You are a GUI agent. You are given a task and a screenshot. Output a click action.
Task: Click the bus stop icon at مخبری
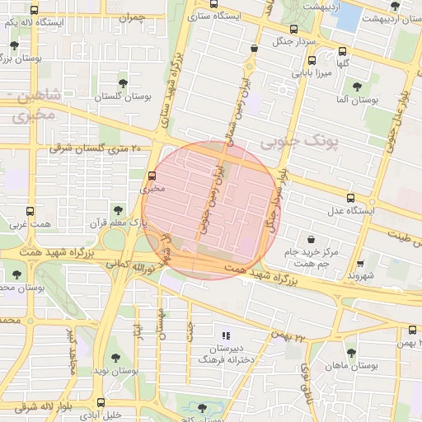pyautogui.click(x=152, y=176)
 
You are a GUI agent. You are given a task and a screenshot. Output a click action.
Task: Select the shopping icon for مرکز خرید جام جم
pyautogui.click(x=311, y=239)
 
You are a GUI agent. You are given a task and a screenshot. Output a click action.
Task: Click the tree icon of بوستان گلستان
pyautogui.click(x=123, y=82)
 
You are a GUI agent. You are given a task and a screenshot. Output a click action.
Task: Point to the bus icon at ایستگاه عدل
pyautogui.click(x=351, y=198)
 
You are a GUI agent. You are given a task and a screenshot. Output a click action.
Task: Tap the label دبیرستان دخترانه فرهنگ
pyautogui.click(x=226, y=354)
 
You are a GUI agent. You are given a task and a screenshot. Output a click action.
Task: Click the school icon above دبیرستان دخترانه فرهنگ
pyautogui.click(x=226, y=335)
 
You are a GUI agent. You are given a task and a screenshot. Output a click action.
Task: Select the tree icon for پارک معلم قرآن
pyautogui.click(x=118, y=210)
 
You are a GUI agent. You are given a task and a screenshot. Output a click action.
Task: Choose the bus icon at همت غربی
pyautogui.click(x=32, y=211)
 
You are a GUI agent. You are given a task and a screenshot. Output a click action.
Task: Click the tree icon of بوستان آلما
pyautogui.click(x=357, y=87)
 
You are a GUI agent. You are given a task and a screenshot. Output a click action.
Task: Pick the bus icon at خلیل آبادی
pyautogui.click(x=101, y=403)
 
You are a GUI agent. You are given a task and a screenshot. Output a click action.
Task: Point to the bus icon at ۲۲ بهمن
pyautogui.click(x=413, y=330)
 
